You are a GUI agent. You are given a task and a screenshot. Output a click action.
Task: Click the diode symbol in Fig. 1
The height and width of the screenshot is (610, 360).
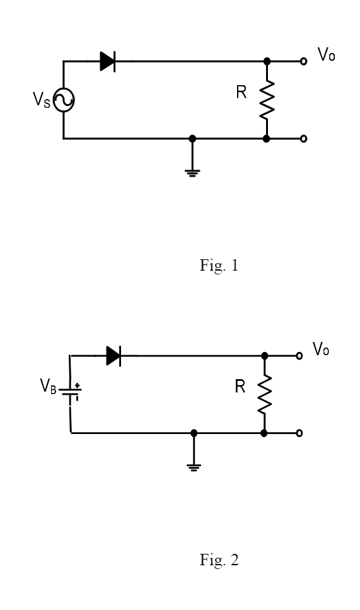coord(108,61)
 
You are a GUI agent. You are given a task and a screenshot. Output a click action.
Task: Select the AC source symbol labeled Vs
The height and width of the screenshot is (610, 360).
coord(64,100)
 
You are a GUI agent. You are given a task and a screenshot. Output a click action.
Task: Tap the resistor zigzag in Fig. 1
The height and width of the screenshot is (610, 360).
coord(267,100)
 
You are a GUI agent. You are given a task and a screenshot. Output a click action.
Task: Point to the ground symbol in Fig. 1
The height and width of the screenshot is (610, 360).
coord(192,173)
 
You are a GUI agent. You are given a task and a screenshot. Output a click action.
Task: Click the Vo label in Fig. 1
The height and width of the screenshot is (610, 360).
coord(326,54)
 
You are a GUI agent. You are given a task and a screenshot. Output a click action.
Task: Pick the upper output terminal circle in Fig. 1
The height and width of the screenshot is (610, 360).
coord(304,61)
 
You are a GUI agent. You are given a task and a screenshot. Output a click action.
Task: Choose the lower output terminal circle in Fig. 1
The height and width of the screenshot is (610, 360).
coord(304,139)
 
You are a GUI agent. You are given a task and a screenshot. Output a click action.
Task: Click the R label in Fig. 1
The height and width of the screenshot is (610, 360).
coord(241,92)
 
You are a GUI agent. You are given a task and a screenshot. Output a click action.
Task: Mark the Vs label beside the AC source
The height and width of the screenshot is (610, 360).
coord(42,100)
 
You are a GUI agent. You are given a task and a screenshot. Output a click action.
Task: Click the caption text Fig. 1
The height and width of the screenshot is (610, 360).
coord(219,266)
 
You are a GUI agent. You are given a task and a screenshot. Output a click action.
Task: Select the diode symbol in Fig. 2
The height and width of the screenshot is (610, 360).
coord(113,356)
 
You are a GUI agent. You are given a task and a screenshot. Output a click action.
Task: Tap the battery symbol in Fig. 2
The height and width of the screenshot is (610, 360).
coord(71,392)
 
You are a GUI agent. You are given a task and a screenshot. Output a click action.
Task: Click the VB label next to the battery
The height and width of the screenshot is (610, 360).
coord(48,386)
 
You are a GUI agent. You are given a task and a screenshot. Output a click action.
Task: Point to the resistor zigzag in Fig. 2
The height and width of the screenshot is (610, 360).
coord(264,394)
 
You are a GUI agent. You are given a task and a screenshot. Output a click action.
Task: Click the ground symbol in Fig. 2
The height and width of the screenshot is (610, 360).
coord(194,467)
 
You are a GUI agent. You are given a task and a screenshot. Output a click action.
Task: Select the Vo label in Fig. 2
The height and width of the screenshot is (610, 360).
coord(321,349)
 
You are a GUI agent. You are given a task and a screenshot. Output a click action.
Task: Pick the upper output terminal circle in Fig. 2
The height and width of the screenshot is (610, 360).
coord(299,356)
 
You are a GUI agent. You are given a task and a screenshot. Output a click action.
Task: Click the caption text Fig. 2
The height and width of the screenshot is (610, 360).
coord(219,560)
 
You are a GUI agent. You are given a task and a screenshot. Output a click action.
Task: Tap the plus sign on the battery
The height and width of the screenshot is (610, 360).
coord(78,385)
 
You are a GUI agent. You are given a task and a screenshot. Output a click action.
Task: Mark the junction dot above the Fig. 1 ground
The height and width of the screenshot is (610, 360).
coord(192,139)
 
